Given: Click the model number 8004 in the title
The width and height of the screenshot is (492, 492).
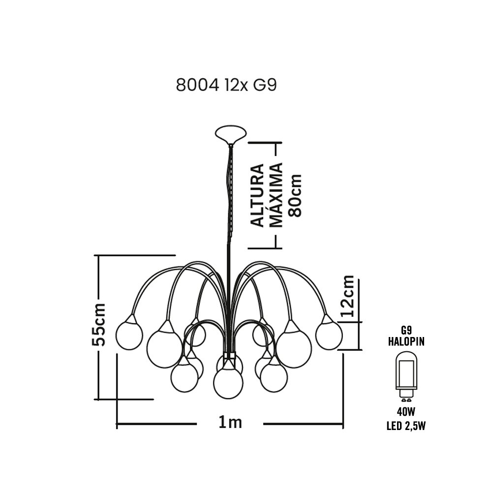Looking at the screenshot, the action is (197, 85).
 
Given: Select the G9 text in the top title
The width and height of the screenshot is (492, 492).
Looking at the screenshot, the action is (265, 85).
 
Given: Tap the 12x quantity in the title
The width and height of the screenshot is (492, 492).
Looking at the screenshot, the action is (236, 85).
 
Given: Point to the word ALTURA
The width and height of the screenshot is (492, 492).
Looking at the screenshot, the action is (257, 195).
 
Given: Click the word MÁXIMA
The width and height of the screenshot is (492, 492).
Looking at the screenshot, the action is (276, 195).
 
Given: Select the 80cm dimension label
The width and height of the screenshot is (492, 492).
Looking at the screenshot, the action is (295, 196).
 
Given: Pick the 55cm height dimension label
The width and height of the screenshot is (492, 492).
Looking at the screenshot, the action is (98, 324).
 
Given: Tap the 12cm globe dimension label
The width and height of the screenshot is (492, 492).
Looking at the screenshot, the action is (347, 296).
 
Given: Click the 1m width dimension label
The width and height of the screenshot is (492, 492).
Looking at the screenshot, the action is (230, 423).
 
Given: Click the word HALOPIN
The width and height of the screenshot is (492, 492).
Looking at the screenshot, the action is (406, 341).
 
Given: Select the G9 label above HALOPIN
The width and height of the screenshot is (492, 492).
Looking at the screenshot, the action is (406, 330).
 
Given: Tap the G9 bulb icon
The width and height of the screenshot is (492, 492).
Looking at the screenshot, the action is (406, 376).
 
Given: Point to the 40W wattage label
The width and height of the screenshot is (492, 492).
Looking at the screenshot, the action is (406, 411).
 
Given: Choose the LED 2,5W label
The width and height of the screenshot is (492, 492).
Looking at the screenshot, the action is (406, 426).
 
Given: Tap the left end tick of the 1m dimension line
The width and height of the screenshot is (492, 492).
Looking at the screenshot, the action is (117, 424).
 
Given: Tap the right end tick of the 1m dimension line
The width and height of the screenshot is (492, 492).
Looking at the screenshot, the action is (343, 424).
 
